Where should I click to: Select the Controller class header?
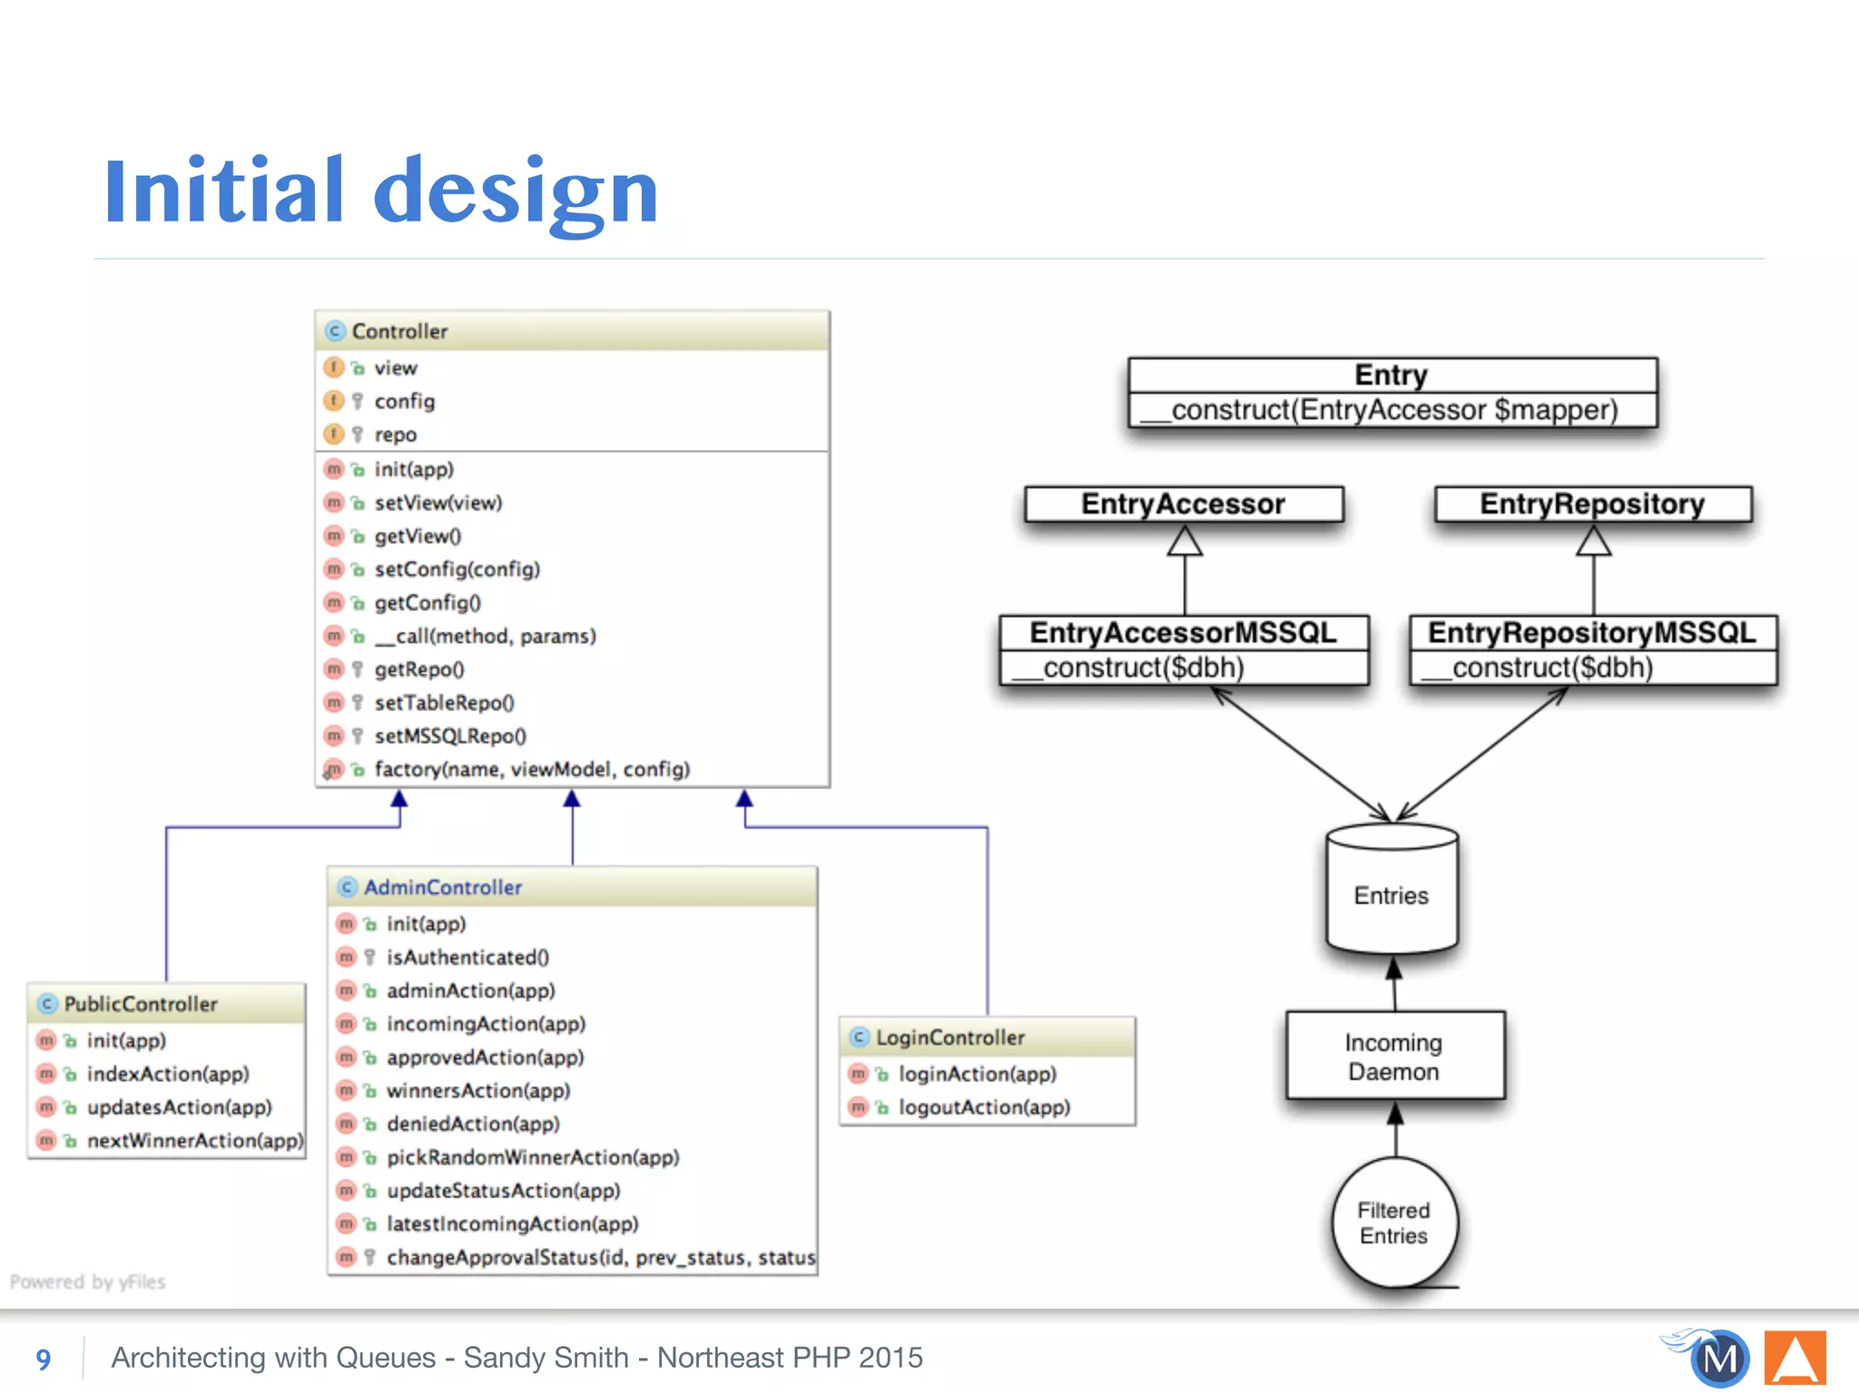coord(572,331)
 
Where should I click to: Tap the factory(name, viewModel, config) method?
coord(532,770)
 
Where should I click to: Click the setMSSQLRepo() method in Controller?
coord(450,736)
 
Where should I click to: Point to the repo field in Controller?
coord(395,435)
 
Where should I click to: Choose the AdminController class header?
coord(572,887)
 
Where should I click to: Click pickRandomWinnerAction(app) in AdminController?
coord(533,1157)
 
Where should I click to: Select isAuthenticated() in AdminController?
coord(467,957)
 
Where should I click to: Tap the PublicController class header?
coord(167,1004)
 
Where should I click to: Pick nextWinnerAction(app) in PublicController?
coord(194,1141)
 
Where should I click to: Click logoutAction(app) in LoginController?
coord(984,1107)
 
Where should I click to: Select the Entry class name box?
coord(1392,375)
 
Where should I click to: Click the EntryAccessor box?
coord(1183,504)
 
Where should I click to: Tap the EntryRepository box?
coord(1592,504)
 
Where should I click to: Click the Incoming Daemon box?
coord(1394,1056)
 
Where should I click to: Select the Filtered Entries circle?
coord(1394,1222)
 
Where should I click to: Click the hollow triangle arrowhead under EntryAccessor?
coord(1185,542)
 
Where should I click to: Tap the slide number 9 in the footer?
coord(44,1359)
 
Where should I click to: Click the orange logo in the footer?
coord(1795,1359)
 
